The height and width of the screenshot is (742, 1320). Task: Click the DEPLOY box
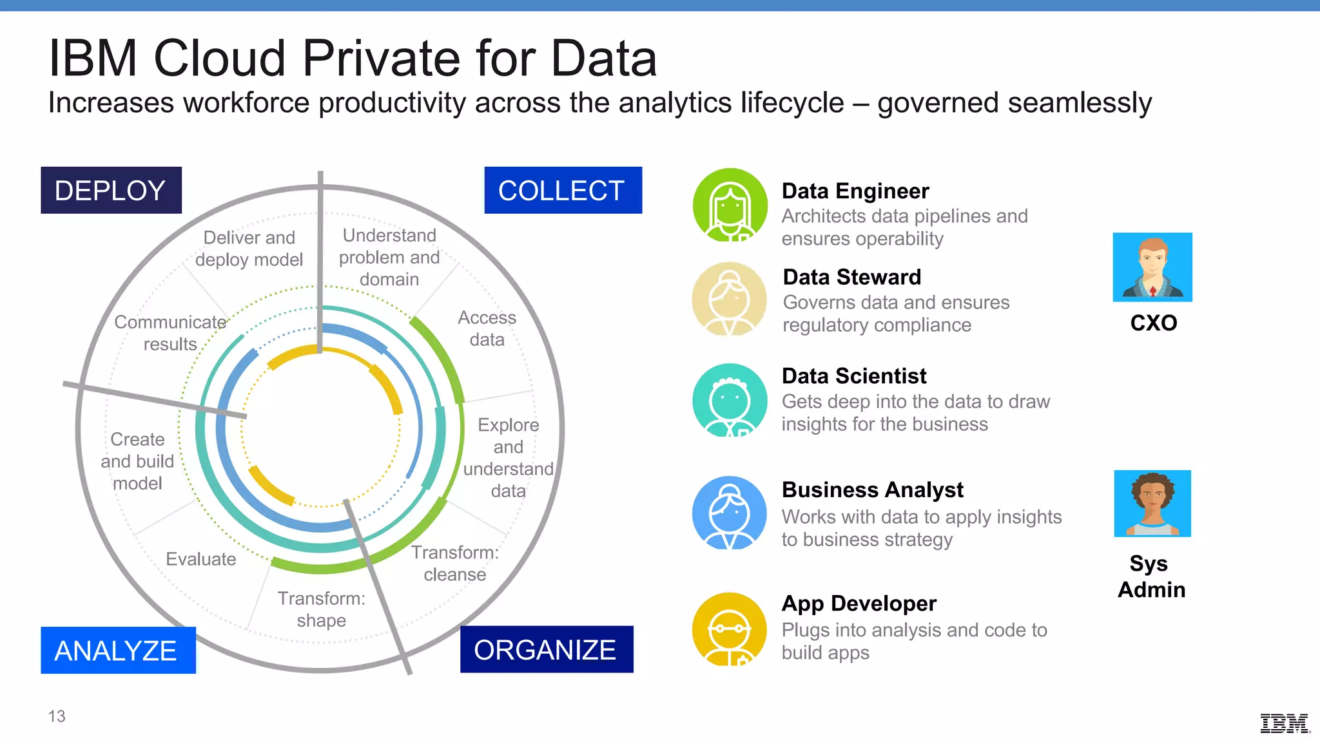(111, 191)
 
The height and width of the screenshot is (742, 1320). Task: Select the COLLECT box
(563, 191)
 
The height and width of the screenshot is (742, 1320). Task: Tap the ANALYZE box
(118, 651)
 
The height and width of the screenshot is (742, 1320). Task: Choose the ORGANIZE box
(546, 649)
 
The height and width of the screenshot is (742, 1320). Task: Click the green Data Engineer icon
(730, 205)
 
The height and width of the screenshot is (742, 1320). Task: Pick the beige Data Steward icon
(729, 299)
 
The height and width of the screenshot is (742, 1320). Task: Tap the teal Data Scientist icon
(730, 401)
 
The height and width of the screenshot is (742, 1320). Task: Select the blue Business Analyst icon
(730, 513)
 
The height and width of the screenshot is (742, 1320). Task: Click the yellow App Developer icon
(729, 629)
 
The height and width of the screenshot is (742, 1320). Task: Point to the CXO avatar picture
(1152, 267)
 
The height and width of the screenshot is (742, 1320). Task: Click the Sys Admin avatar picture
(1152, 504)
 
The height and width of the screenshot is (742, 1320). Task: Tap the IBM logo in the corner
(1285, 723)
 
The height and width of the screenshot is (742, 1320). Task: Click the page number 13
(57, 716)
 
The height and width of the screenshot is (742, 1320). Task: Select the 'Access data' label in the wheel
(487, 328)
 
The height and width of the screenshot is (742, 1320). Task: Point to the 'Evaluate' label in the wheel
(201, 559)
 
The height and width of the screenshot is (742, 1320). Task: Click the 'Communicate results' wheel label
(170, 333)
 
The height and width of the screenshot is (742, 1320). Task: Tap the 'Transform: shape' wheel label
(322, 609)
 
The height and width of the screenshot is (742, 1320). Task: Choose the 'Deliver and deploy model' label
(249, 249)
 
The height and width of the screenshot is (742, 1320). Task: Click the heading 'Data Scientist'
(854, 376)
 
